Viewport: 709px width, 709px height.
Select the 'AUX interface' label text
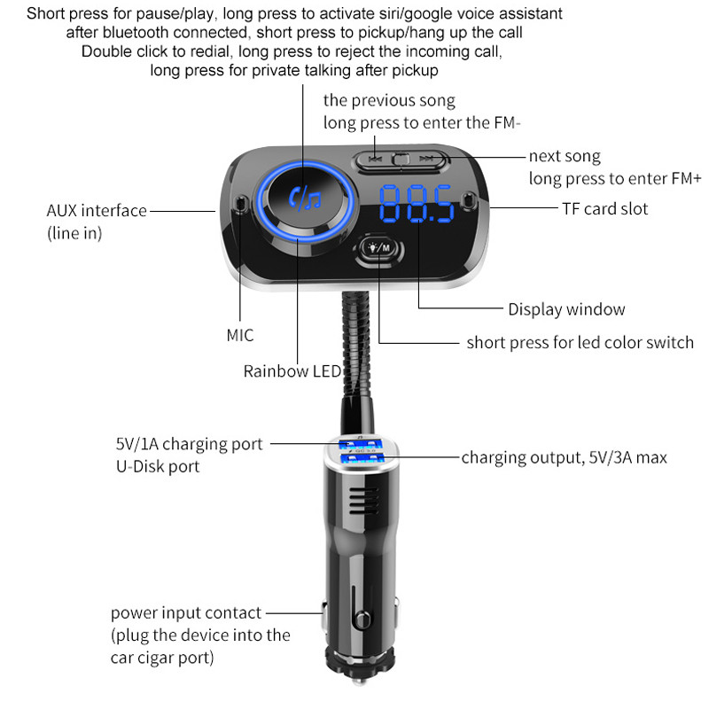click(x=97, y=211)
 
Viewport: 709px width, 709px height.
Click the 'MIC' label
click(x=239, y=335)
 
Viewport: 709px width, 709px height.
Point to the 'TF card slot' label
click(x=604, y=209)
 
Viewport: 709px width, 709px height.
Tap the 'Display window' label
click(x=566, y=309)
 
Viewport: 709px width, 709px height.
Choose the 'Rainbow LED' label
click(x=292, y=371)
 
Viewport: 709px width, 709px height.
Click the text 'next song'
click(x=565, y=156)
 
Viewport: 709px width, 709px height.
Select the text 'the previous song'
click(x=389, y=100)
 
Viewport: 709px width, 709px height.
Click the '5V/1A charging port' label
click(x=189, y=443)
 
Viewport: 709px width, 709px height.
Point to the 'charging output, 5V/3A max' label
click(x=564, y=457)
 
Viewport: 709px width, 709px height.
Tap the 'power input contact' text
click(x=186, y=612)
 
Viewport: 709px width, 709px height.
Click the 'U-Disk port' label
click(x=157, y=466)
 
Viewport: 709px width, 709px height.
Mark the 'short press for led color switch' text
click(x=580, y=342)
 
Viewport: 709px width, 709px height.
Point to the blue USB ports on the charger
click(x=358, y=449)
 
